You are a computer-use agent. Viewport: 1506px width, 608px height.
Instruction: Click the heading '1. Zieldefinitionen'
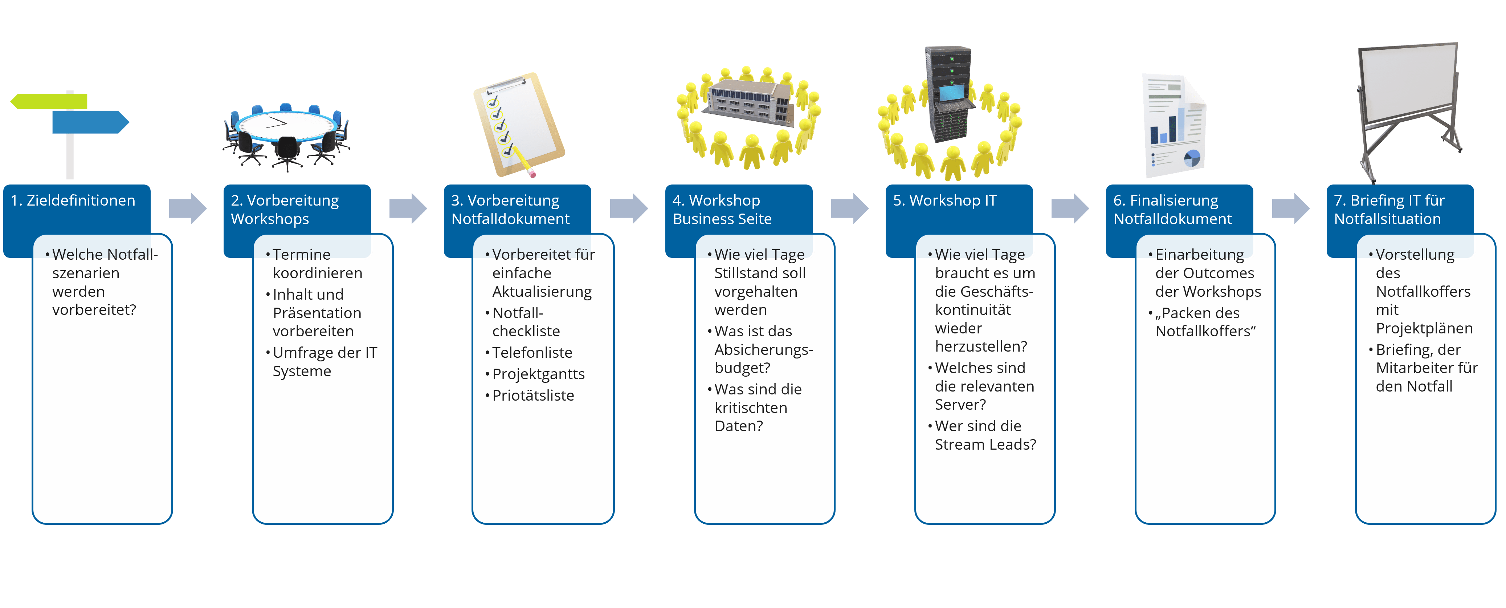pyautogui.click(x=73, y=201)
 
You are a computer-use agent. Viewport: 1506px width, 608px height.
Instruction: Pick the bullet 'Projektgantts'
pyautogui.click(x=538, y=374)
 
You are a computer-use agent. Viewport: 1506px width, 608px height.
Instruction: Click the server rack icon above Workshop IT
pyautogui.click(x=950, y=94)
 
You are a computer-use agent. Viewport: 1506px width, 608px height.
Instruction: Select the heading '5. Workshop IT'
pyautogui.click(x=944, y=201)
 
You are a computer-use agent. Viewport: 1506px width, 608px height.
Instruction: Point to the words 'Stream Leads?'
pyautogui.click(x=985, y=445)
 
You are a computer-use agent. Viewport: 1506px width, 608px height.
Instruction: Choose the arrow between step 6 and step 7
pyautogui.click(x=1290, y=208)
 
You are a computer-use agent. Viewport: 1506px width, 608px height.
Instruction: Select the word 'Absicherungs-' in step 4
pyautogui.click(x=763, y=350)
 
